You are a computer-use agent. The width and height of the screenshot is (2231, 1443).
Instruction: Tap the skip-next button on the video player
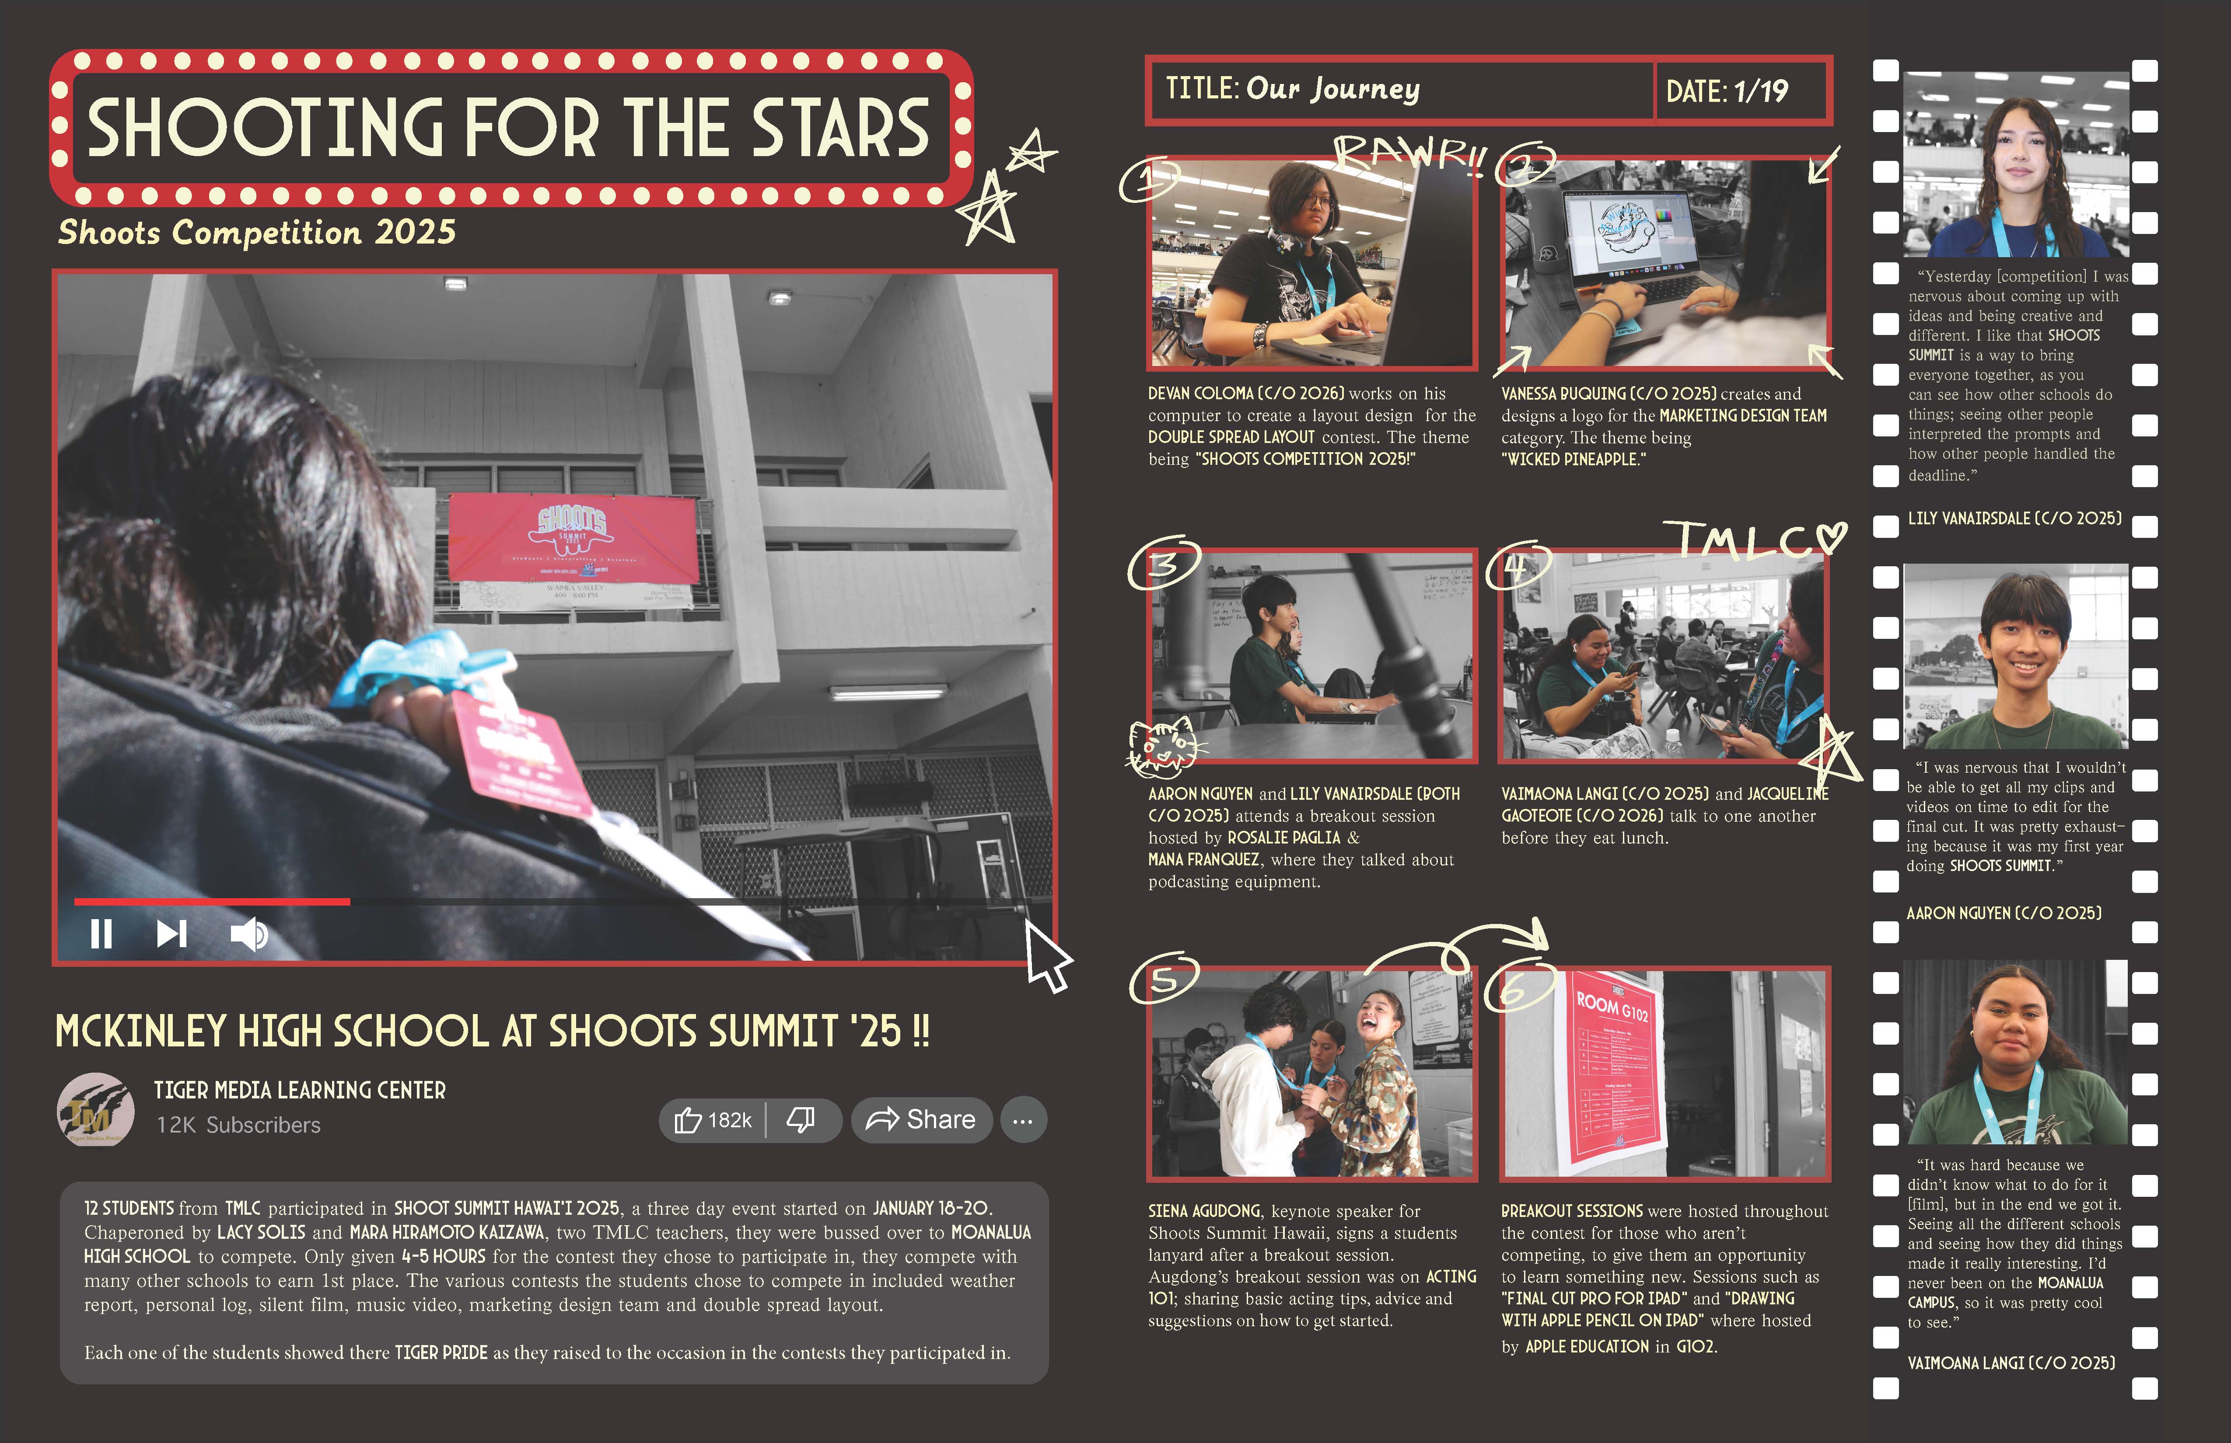171,934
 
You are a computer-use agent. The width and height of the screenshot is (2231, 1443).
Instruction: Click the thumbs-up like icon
688,1120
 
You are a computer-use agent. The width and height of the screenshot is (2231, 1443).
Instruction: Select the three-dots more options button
1023,1120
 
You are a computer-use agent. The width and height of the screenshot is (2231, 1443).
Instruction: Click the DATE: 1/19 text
1727,91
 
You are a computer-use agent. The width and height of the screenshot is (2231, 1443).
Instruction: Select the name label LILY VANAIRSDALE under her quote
2014,518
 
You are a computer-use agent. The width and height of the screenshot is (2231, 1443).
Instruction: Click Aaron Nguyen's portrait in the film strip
2015,656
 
